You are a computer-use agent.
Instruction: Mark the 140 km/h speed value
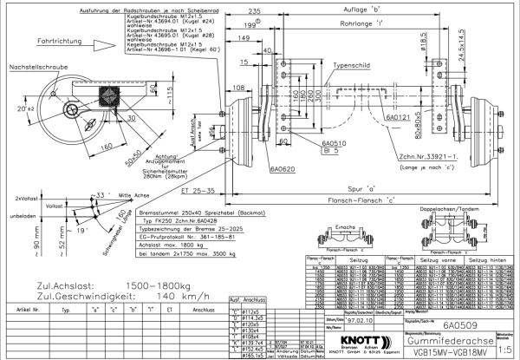[x=143, y=295]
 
